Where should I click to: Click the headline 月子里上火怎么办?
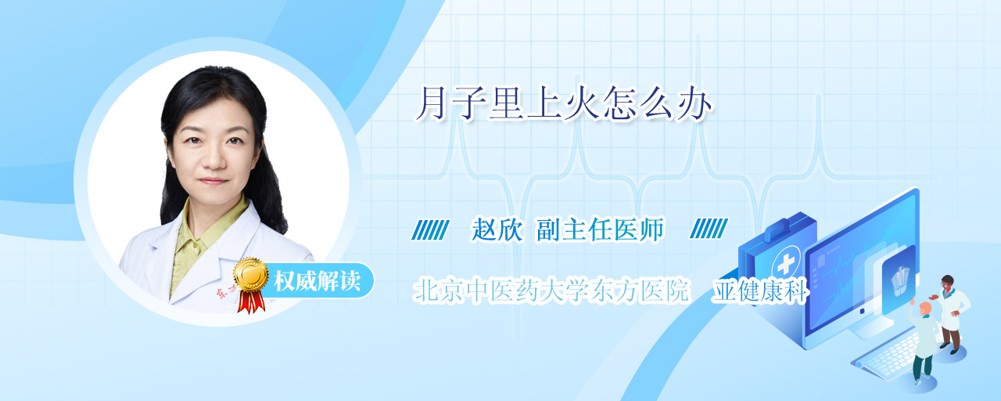pos(564,105)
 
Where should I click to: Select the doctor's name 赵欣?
pos(497,230)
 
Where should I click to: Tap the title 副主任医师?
pos(600,230)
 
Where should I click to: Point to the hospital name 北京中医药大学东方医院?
pos(551,291)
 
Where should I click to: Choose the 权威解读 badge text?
pos(318,280)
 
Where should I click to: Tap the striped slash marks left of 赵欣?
pos(430,229)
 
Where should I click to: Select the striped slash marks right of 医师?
pos(709,228)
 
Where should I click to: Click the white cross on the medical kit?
pos(785,265)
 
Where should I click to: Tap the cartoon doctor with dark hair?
pos(951,313)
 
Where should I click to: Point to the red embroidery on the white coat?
pos(227,293)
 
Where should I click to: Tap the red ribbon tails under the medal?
pos(251,302)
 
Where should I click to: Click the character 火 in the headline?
pos(581,105)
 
